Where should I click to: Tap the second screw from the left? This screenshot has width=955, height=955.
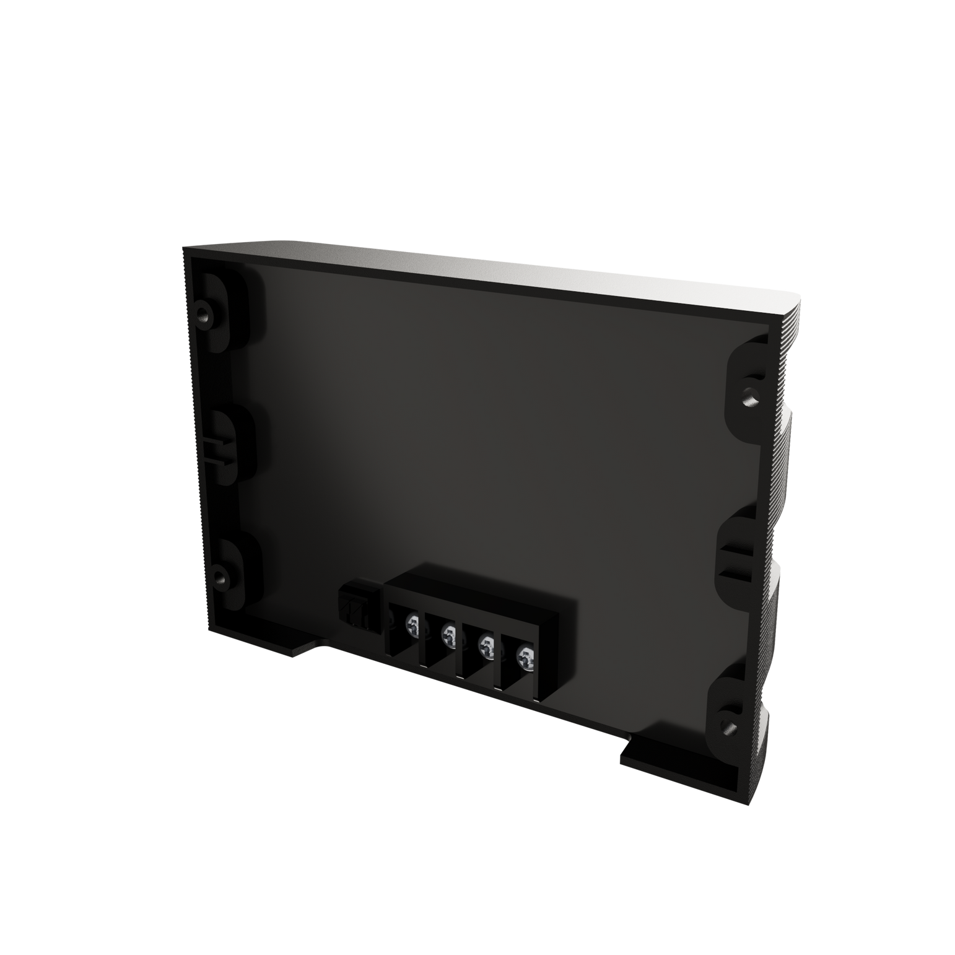(449, 634)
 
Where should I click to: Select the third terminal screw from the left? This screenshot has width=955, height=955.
(487, 645)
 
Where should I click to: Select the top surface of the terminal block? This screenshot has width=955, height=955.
(477, 588)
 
